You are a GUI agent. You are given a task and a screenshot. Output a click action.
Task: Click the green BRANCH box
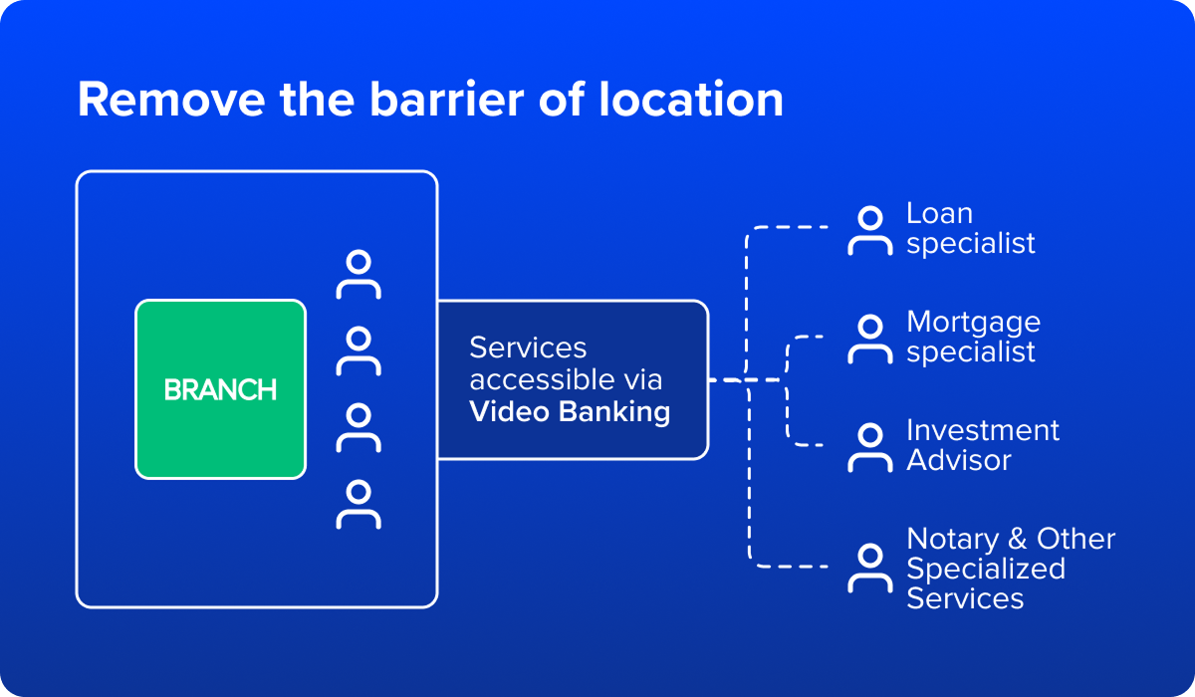pos(220,389)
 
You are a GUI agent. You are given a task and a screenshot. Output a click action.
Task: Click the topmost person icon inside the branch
pos(358,276)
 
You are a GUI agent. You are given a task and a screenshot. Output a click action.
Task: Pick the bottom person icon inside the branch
pos(358,504)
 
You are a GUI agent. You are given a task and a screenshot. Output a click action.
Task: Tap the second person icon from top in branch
pos(358,351)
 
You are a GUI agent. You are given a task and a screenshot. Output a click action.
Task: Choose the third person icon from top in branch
pos(358,428)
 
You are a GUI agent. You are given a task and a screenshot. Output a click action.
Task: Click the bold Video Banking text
pos(569,411)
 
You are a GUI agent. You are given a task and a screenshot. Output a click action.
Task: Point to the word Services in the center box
pos(528,348)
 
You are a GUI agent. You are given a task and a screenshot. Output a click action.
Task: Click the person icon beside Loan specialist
pos(869,231)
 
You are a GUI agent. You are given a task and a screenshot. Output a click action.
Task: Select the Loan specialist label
pos(970,229)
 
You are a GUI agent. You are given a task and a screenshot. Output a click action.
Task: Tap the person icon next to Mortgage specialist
pos(869,340)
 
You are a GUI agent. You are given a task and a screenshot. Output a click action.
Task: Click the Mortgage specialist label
pos(973,338)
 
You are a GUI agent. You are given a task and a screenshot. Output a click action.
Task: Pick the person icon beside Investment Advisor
pos(869,447)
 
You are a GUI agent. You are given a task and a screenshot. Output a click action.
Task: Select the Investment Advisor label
pos(982,445)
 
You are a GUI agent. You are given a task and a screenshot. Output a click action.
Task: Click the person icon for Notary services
pos(869,568)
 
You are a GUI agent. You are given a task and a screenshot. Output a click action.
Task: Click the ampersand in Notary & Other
pos(1017,539)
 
